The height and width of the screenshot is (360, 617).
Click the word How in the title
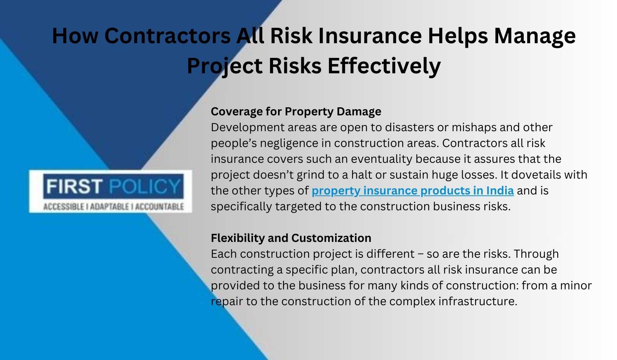point(75,36)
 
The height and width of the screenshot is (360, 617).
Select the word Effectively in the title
point(384,66)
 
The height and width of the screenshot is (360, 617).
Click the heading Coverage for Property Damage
point(296,112)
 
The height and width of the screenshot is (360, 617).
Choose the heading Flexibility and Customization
point(291,238)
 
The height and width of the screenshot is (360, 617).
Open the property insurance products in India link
point(413,191)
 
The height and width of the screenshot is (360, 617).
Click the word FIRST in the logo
point(74,186)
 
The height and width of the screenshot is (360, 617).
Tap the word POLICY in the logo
point(145,186)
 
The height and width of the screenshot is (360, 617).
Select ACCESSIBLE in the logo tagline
point(64,207)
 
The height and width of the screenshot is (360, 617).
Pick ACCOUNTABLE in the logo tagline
point(159,207)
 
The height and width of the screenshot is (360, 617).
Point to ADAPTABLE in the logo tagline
point(110,207)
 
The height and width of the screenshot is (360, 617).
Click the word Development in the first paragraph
point(248,128)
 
